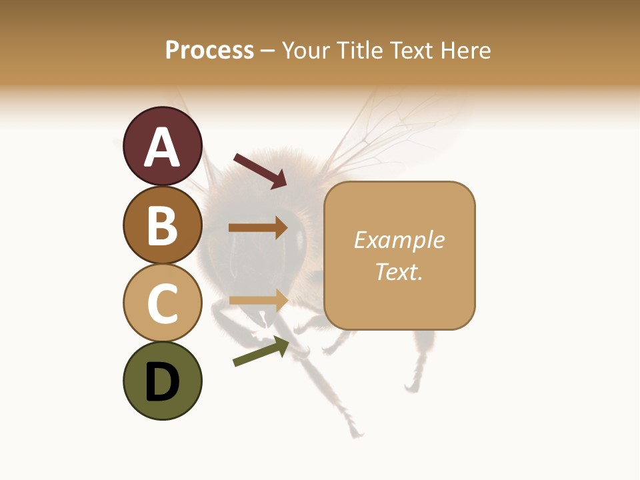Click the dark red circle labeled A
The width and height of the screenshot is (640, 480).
pyautogui.click(x=163, y=146)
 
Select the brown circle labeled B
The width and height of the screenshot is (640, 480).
pyautogui.click(x=163, y=225)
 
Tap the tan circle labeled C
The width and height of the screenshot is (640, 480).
pyautogui.click(x=163, y=303)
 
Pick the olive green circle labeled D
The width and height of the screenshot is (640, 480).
pyautogui.click(x=163, y=381)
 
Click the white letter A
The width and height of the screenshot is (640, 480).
pyautogui.click(x=163, y=147)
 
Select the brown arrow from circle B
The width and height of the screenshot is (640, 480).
pyautogui.click(x=258, y=228)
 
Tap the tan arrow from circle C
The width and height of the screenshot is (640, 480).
pyautogui.click(x=258, y=300)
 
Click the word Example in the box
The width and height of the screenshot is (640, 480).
pyautogui.click(x=399, y=240)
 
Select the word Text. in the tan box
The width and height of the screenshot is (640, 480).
pyautogui.click(x=399, y=272)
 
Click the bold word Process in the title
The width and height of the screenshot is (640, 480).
pyautogui.click(x=209, y=50)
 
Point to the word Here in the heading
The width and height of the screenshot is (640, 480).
pyautogui.click(x=466, y=50)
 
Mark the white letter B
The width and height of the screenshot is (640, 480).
pyautogui.click(x=163, y=226)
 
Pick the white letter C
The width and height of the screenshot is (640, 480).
pyautogui.click(x=163, y=303)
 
